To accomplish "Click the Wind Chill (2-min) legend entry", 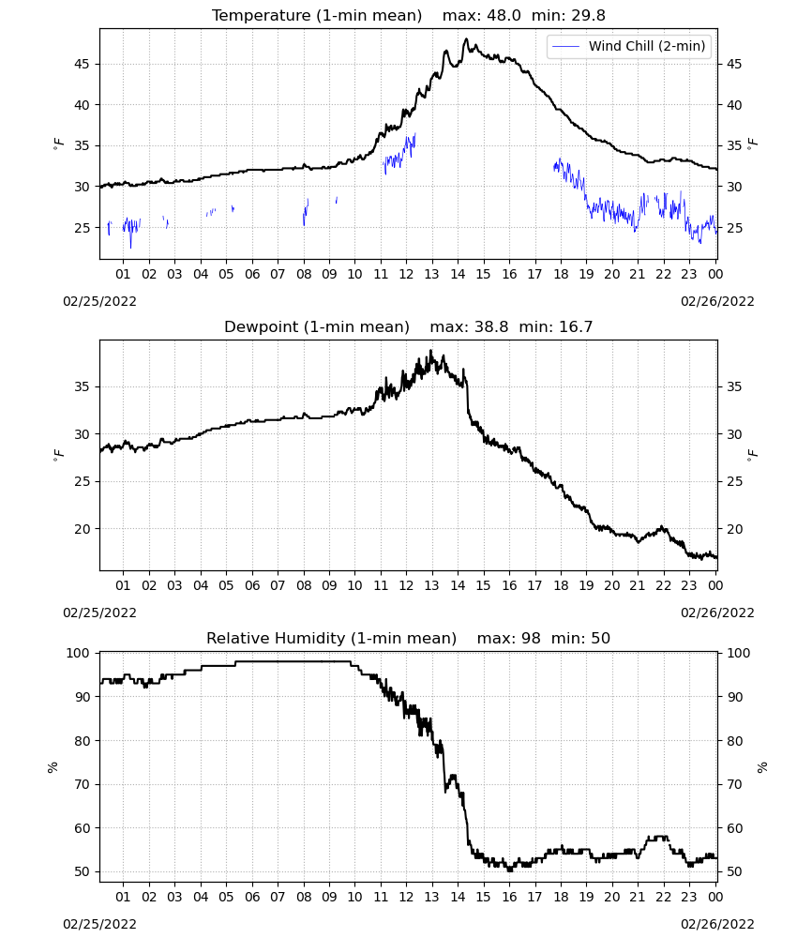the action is (x=629, y=46).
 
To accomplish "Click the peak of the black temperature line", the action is (x=466, y=39).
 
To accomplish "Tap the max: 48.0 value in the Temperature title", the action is (x=481, y=16).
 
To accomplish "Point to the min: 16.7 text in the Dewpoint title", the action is (x=555, y=326).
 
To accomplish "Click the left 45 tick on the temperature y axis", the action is (x=82, y=64).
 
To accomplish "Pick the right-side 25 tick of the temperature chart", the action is (x=734, y=228).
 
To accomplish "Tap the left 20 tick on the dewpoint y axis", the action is (x=82, y=529).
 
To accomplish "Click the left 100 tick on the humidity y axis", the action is (x=78, y=653).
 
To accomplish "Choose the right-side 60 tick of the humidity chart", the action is (x=734, y=828).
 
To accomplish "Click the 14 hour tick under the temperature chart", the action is (x=458, y=274).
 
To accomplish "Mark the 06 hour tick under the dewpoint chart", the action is (x=252, y=585).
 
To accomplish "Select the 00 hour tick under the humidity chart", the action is (x=715, y=897).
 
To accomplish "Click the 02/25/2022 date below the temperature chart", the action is (x=99, y=301).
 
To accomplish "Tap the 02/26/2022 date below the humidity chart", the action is (x=717, y=924).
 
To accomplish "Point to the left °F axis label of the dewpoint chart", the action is (x=58, y=455).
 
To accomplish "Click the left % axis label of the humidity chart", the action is (x=53, y=767).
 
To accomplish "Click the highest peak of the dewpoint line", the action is (x=430, y=352).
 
